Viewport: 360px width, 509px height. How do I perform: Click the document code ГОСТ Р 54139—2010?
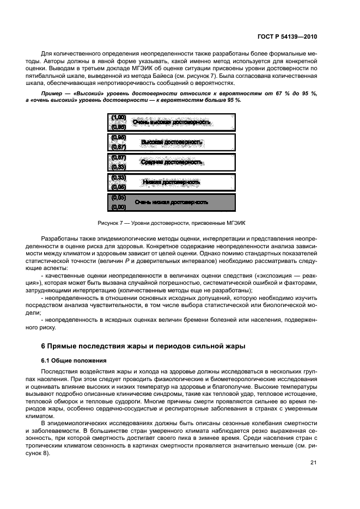286,36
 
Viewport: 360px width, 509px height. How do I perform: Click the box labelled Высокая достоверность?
171,142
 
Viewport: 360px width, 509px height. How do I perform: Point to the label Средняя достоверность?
171,162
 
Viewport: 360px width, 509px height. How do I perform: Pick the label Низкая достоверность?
171,182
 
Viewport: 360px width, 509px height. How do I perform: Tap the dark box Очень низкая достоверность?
171,202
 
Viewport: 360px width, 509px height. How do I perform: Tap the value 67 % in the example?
272,94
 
